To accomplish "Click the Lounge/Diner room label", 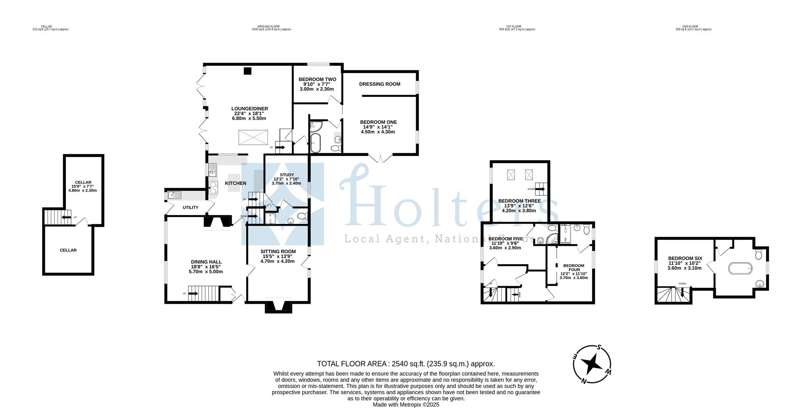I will (249, 108).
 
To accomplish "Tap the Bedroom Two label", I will (317, 79).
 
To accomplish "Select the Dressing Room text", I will (380, 84).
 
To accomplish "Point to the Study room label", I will (287, 175).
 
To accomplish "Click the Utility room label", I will (190, 207).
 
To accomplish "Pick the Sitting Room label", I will (278, 252).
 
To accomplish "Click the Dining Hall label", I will (206, 262).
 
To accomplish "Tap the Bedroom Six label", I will (685, 258).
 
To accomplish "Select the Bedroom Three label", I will (519, 201).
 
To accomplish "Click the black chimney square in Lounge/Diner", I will (247, 71).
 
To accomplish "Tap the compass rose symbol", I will (592, 364).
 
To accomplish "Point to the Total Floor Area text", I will (405, 364).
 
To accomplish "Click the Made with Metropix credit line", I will (405, 404).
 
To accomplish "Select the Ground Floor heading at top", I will (271, 28).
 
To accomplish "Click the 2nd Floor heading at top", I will (693, 28).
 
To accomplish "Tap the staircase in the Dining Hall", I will (203, 293).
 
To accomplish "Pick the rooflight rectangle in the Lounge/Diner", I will (253, 137).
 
